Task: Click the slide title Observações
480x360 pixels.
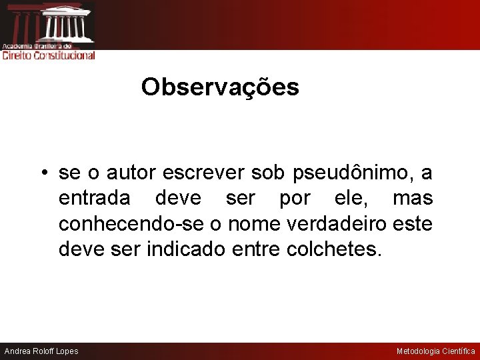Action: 220,87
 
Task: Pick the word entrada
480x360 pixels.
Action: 94,199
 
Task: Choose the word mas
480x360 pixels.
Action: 413,199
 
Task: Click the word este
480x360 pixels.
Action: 414,224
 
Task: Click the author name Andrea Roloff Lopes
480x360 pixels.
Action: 41,351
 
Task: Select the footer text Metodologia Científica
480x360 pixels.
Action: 436,351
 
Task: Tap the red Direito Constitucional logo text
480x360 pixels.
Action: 49,56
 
